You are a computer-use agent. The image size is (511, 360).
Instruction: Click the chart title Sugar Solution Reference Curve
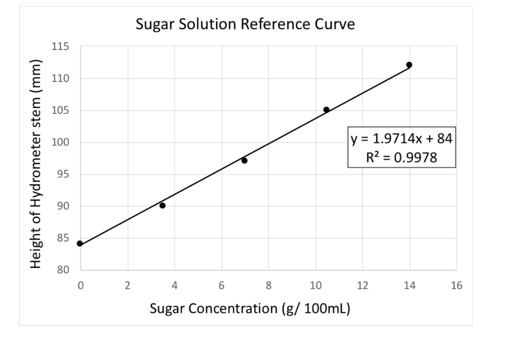[245, 23]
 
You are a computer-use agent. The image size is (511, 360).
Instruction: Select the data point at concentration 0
[80, 243]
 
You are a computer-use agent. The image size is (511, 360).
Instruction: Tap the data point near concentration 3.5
[162, 205]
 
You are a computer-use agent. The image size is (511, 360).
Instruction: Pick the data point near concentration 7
[244, 160]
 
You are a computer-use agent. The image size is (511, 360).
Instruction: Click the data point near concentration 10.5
[326, 109]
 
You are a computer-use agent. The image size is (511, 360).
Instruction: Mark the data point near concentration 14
[409, 65]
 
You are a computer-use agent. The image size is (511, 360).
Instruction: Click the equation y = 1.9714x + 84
[401, 138]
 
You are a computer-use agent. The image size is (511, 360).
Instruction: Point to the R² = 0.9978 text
[401, 158]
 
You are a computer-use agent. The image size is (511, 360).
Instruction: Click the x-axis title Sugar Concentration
[250, 308]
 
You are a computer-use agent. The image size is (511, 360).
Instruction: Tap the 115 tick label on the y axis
[60, 46]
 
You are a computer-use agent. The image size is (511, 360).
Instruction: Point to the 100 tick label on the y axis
[60, 142]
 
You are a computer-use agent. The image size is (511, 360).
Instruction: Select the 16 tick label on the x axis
[456, 286]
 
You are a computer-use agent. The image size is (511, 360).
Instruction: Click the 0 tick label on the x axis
[80, 286]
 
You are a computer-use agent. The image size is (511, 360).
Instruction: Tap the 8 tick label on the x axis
[268, 286]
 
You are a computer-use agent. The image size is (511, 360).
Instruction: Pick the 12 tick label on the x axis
[362, 286]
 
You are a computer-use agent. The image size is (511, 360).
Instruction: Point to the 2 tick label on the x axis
[127, 286]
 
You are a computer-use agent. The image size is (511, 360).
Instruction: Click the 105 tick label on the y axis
[60, 110]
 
